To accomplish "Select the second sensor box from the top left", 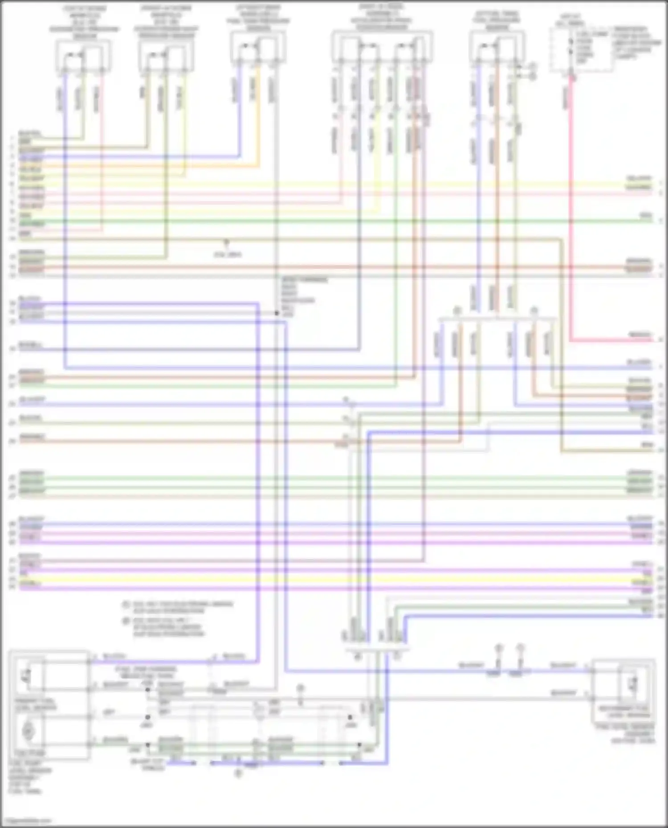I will coord(166,56).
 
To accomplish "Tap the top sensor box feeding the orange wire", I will coord(258,48).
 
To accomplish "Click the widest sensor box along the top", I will coord(382,47).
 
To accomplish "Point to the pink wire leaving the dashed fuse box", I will coord(571,200).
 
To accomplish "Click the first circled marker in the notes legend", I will coord(126,604).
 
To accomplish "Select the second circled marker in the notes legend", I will coord(126,621).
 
